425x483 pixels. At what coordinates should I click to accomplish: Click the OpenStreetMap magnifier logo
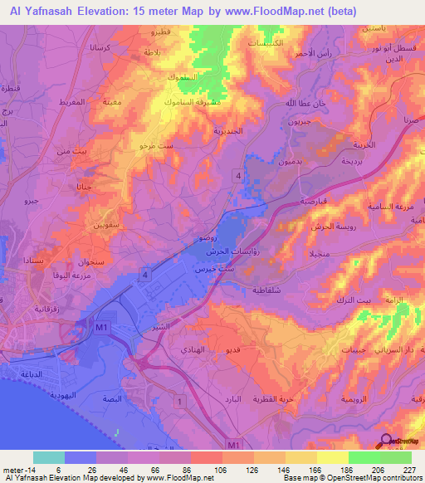[x=386, y=443]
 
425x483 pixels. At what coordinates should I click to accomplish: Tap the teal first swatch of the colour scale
[x=48, y=457]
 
